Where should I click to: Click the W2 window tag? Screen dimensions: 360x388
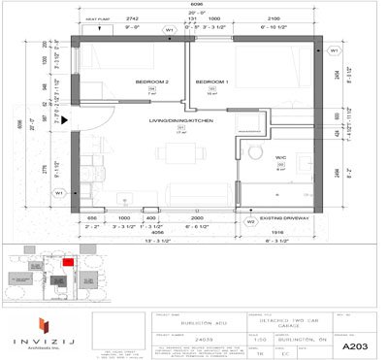[250, 221]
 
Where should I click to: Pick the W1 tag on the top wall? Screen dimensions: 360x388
[170, 29]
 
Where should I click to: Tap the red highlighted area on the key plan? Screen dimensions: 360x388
[68, 260]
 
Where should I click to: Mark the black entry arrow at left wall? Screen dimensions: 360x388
[68, 121]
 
